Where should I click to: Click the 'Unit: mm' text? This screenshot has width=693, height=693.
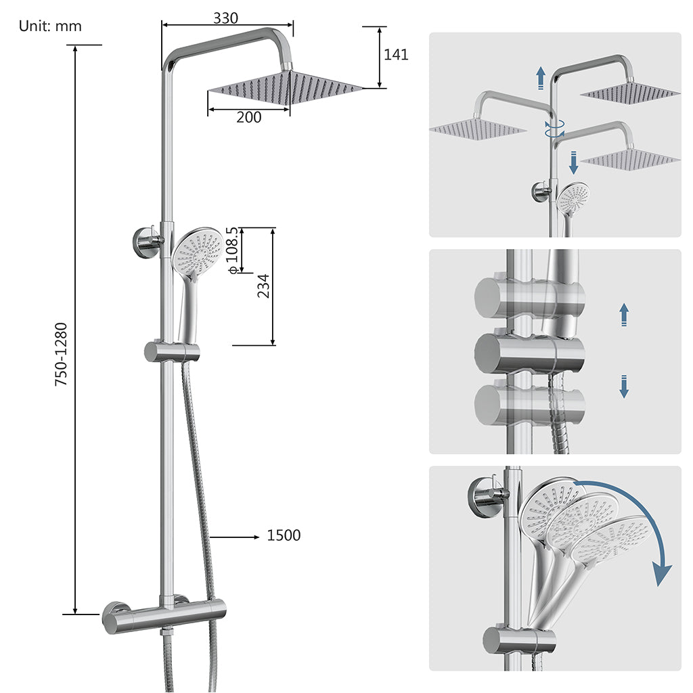[50, 26]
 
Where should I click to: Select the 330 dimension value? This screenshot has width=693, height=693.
[225, 18]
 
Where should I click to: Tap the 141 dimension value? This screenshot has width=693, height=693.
[396, 55]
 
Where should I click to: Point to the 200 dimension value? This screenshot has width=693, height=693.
[248, 118]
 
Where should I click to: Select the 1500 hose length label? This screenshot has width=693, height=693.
[284, 536]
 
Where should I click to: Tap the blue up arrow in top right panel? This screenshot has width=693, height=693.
[540, 78]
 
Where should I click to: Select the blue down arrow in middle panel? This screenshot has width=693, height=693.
[624, 386]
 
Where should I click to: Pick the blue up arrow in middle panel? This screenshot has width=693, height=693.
[624, 315]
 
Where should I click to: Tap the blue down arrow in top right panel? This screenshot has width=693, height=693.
[573, 162]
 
